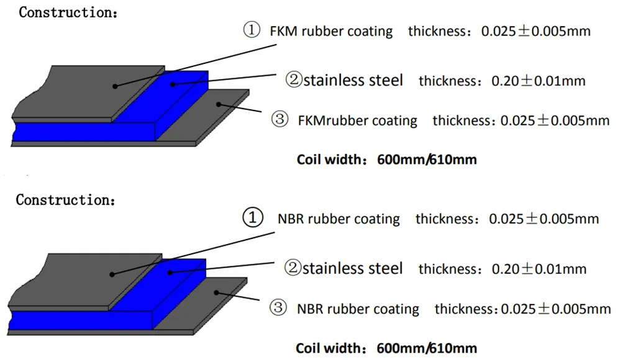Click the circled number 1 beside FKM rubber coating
[251, 31]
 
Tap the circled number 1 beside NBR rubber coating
[250, 218]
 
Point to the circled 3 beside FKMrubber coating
[281, 120]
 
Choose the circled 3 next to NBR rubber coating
[279, 308]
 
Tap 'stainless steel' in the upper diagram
[353, 80]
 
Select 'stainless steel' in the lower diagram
[353, 268]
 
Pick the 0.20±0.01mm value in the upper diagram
[538, 81]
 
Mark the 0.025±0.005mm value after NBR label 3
[556, 308]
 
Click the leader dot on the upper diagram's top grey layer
[114, 85]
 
